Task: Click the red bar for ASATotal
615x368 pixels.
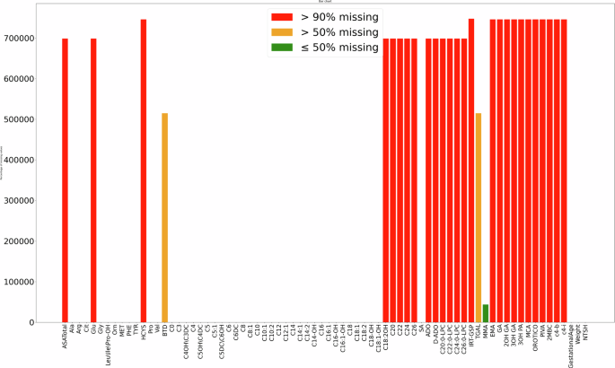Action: pyautogui.click(x=65, y=180)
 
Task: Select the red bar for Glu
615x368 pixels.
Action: pyautogui.click(x=93, y=180)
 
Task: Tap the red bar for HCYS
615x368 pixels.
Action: pyautogui.click(x=144, y=171)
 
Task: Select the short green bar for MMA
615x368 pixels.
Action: pyautogui.click(x=486, y=313)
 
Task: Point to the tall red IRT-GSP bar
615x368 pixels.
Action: pyautogui.click(x=471, y=171)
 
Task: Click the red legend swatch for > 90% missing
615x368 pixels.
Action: pyautogui.click(x=283, y=16)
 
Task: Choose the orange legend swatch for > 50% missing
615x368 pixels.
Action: pyautogui.click(x=283, y=31)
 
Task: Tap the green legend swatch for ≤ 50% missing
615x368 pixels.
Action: pyautogui.click(x=283, y=47)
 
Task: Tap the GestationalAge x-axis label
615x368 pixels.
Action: pyautogui.click(x=572, y=346)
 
